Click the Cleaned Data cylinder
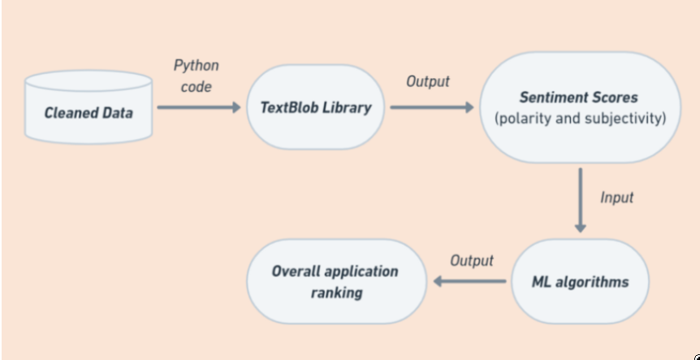(89, 107)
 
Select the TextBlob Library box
(316, 107)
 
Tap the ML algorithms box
(580, 281)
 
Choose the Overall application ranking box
(337, 281)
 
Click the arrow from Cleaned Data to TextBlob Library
(199, 107)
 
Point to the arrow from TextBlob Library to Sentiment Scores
(432, 107)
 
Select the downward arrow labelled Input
(580, 200)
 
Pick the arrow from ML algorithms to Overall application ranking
(469, 281)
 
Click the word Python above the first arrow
(197, 66)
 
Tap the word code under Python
(197, 87)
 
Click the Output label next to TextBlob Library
(428, 82)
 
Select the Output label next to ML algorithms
(472, 260)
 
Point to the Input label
(616, 197)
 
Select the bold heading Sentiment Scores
(579, 98)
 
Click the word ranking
(337, 293)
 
